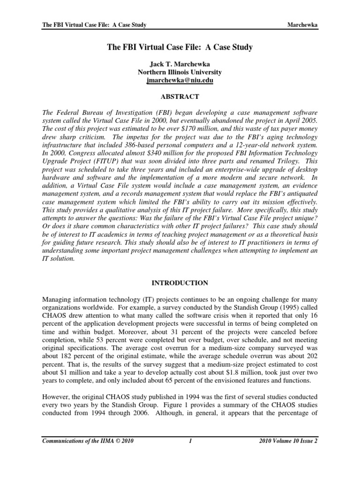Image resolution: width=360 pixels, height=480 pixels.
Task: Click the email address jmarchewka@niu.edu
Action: [x=180, y=81]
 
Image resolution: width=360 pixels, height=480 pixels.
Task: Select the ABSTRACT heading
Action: [x=180, y=97]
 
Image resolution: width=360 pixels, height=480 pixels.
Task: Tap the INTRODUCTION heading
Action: [x=180, y=284]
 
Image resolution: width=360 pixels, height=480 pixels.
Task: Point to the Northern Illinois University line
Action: [x=180, y=72]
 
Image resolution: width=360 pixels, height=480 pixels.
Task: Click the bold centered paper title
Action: [x=180, y=47]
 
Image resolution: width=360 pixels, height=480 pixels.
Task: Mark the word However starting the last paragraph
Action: [x=56, y=394]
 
